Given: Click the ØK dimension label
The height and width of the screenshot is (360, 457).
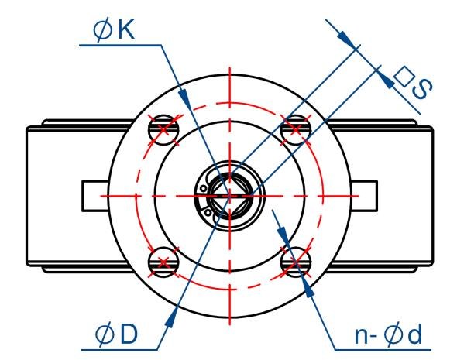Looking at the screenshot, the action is [x=114, y=30].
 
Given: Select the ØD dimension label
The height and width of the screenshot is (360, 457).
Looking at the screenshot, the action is [x=116, y=334].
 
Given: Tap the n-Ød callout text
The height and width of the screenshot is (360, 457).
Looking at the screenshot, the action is [x=388, y=335].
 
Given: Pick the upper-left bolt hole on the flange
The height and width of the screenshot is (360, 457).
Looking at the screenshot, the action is [x=163, y=130].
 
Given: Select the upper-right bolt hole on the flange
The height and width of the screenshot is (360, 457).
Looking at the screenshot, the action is [x=296, y=130].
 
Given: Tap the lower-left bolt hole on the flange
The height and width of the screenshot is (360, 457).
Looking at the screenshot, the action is [x=163, y=262].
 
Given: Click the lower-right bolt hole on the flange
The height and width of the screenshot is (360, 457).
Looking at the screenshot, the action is [x=296, y=262].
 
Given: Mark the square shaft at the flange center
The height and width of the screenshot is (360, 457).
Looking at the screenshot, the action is [x=230, y=196].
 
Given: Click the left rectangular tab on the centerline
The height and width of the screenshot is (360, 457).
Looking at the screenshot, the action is [x=95, y=196].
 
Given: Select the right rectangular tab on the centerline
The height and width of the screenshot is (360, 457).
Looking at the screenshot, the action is [x=364, y=196].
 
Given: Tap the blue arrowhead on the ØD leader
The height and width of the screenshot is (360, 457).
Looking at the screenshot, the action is [x=172, y=317].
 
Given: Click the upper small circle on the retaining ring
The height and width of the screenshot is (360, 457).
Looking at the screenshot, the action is [x=203, y=189].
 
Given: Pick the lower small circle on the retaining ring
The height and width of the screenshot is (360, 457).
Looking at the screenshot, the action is [x=208, y=213].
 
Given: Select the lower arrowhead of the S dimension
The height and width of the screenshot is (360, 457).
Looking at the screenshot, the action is [x=387, y=79].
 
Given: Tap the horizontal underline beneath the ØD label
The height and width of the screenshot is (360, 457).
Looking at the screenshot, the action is [x=119, y=349].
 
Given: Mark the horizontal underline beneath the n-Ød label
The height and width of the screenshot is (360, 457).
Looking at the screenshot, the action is [x=383, y=349].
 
